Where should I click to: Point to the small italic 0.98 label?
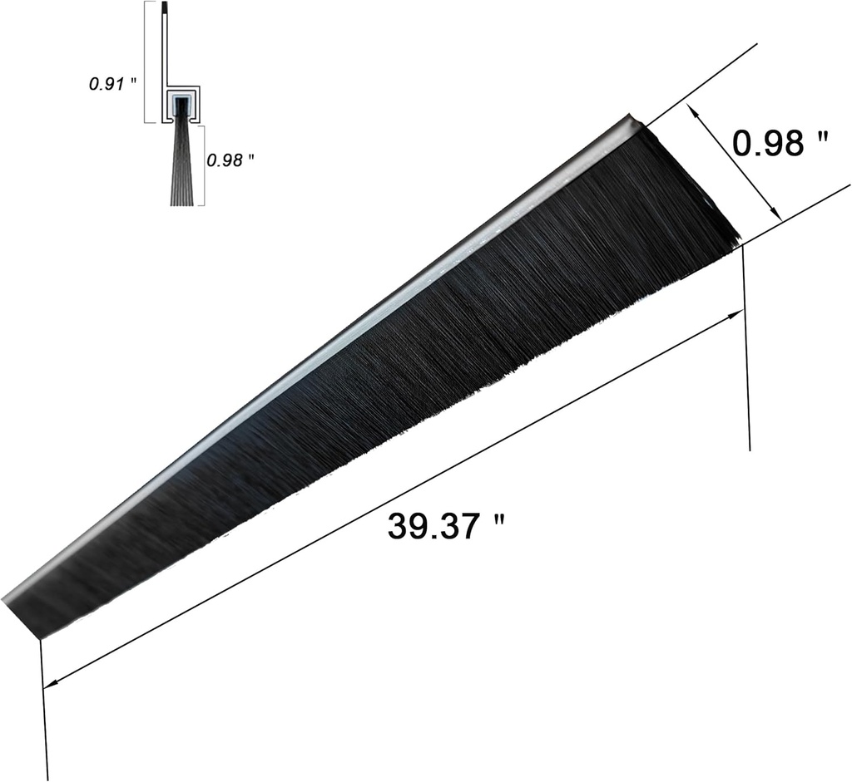[x=225, y=160]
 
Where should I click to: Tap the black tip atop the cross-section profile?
[x=167, y=8]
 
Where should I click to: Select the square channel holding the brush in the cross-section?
[x=181, y=104]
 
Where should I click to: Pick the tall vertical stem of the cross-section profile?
[x=167, y=50]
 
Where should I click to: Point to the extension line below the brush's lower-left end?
[x=44, y=706]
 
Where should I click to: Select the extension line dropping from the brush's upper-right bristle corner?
[x=746, y=349]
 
